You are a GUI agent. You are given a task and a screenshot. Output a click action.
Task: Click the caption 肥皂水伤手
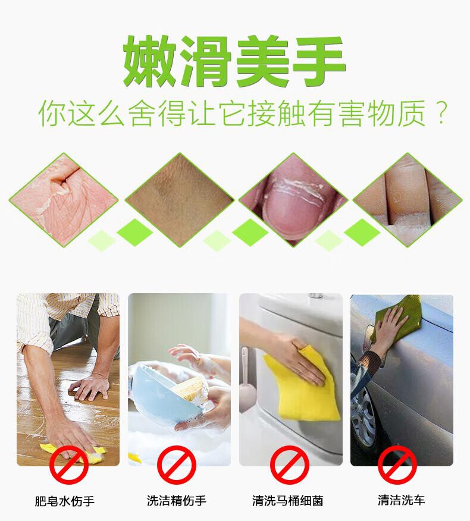tap(65, 501)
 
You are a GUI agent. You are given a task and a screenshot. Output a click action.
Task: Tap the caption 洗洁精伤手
tap(177, 500)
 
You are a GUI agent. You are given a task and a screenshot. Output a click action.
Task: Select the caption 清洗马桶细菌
tap(288, 501)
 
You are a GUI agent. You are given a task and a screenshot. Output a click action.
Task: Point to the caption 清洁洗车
tap(401, 500)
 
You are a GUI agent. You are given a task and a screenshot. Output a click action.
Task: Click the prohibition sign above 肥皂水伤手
tap(69, 464)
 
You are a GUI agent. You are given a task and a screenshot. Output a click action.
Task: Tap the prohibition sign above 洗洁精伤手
tap(177, 464)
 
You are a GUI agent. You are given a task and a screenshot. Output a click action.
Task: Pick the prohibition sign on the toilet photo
tap(290, 464)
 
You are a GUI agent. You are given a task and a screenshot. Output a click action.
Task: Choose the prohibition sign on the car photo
tap(397, 464)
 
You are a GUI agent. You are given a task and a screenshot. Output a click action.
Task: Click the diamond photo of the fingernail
tap(293, 200)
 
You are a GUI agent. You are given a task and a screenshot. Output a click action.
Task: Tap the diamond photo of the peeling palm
tap(64, 200)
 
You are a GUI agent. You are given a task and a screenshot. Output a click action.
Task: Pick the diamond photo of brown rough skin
tap(180, 200)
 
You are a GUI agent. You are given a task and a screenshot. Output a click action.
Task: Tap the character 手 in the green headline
tap(318, 62)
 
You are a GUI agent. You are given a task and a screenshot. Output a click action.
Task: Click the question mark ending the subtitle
tap(441, 114)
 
